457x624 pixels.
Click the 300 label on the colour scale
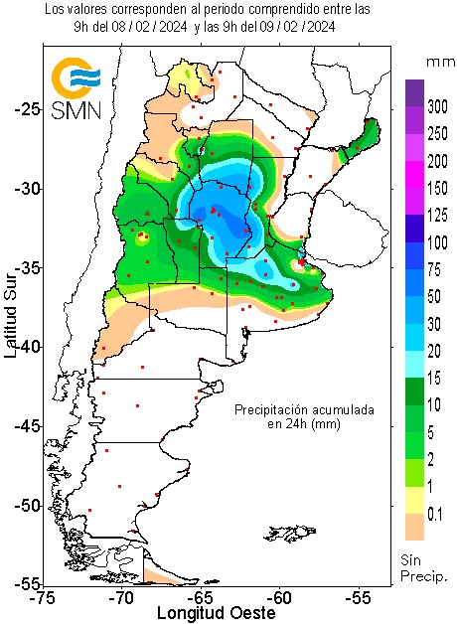(x=437, y=105)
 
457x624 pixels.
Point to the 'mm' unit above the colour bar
(x=438, y=62)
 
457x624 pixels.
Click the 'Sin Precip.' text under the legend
(x=424, y=567)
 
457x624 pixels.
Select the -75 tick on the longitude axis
(x=42, y=598)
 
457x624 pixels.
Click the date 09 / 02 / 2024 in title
(x=281, y=27)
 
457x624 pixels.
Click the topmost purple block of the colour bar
(x=414, y=92)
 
